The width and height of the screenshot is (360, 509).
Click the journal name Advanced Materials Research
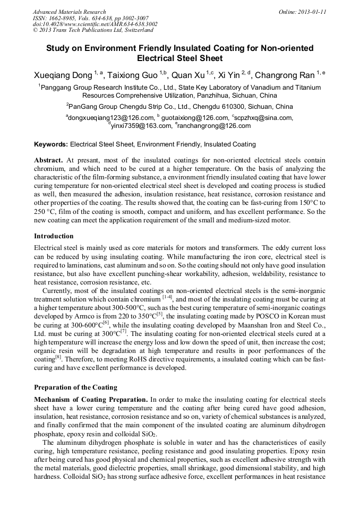point(69,12)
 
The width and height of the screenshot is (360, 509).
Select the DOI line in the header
point(95,24)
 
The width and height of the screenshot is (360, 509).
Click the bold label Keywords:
point(51,144)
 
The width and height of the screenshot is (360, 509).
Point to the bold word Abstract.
point(48,160)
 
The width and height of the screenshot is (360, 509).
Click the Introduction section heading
point(54,236)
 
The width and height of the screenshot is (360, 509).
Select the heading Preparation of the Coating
point(75,387)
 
